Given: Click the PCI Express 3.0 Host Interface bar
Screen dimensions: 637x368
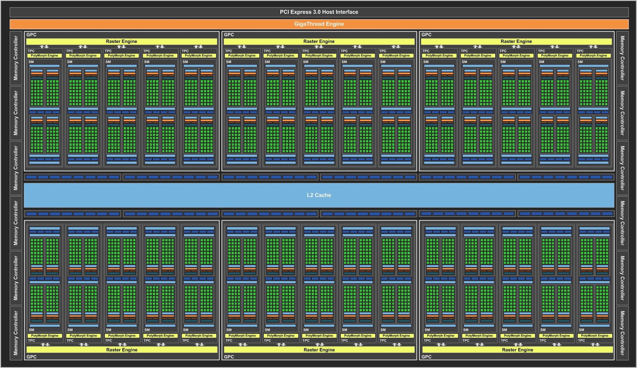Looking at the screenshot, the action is click(319, 12).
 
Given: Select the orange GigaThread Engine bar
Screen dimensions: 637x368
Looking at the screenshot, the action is click(319, 24).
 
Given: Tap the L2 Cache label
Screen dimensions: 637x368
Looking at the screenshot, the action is click(319, 195).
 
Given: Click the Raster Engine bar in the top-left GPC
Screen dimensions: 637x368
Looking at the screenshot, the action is click(122, 41).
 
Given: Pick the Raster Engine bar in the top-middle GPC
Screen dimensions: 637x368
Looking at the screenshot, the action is click(319, 41).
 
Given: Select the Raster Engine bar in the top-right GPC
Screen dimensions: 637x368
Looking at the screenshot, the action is click(516, 41).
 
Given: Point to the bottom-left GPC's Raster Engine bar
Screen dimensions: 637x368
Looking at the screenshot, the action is click(122, 350).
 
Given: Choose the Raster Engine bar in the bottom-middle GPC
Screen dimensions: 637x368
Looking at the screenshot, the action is click(319, 350).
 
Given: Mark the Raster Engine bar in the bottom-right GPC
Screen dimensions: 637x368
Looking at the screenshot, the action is click(518, 350).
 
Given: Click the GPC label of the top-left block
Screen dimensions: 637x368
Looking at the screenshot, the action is click(32, 35).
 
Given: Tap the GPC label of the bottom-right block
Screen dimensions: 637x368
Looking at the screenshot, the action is click(426, 357).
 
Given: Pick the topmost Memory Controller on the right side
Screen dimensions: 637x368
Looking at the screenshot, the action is click(622, 58).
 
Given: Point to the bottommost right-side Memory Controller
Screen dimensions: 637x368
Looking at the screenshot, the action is click(622, 333).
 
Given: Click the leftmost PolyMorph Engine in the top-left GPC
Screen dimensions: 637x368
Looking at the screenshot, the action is click(45, 56).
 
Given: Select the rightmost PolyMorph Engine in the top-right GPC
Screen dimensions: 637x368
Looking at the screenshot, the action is click(593, 56).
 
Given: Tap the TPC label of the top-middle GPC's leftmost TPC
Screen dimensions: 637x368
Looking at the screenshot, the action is click(229, 51).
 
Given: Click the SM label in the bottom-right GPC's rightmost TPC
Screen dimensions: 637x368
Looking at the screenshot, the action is click(582, 330).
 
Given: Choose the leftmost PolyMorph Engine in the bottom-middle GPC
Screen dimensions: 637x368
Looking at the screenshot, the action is click(242, 336).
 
